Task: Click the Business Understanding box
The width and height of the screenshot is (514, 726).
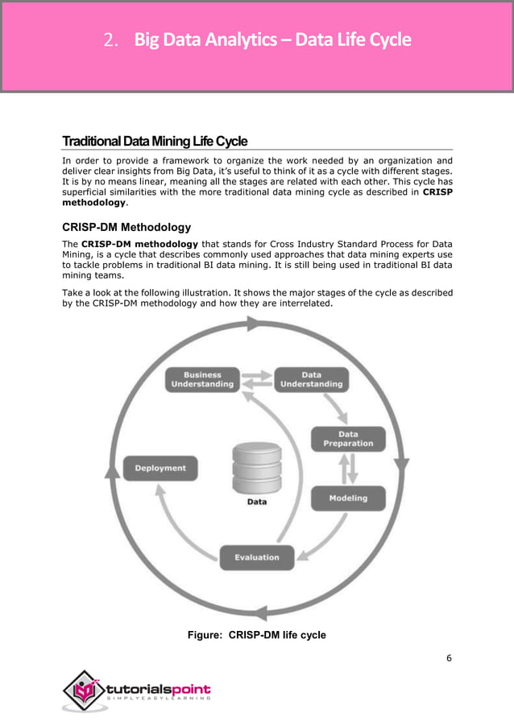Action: (202, 380)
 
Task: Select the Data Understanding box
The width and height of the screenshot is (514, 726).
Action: (311, 380)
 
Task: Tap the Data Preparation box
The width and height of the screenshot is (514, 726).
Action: (348, 439)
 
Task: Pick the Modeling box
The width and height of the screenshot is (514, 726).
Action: (348, 498)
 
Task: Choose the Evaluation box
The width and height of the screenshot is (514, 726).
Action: (256, 557)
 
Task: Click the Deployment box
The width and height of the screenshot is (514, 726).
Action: (160, 468)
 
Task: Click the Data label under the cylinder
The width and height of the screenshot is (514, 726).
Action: (256, 501)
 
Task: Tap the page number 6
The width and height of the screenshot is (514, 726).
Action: (449, 658)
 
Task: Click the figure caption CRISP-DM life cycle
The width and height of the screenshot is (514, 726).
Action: (256, 635)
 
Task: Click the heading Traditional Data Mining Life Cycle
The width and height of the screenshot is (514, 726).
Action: (155, 142)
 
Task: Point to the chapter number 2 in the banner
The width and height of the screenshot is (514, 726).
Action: (112, 39)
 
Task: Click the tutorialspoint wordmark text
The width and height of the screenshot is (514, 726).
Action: (159, 689)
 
